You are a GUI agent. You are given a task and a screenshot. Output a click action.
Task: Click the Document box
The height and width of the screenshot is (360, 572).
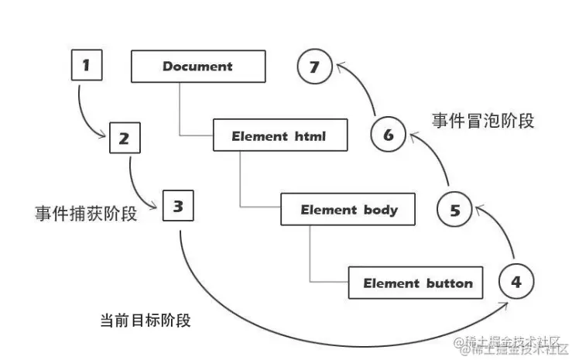(197, 67)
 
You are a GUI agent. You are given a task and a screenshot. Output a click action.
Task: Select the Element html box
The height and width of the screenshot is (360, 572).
(279, 136)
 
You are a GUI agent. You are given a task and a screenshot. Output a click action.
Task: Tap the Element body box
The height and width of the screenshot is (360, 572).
(348, 209)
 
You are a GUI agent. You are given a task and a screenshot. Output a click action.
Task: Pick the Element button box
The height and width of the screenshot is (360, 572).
(417, 283)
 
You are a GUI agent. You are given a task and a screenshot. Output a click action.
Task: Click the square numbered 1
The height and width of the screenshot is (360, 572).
(86, 66)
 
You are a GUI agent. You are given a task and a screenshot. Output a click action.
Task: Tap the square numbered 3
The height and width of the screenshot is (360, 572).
(178, 206)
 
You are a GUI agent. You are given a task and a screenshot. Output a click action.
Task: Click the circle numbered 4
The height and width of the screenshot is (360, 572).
(516, 281)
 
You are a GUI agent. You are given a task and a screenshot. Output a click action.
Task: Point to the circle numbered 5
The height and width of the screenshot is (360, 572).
(454, 209)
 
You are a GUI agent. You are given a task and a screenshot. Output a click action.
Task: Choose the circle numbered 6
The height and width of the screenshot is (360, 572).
(388, 135)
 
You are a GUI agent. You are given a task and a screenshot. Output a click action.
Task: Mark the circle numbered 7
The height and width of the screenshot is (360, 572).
(314, 67)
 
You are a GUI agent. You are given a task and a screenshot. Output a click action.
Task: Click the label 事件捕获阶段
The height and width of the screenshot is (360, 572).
(86, 214)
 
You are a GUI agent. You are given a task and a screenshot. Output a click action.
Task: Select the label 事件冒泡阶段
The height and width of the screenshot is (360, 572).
(483, 120)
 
